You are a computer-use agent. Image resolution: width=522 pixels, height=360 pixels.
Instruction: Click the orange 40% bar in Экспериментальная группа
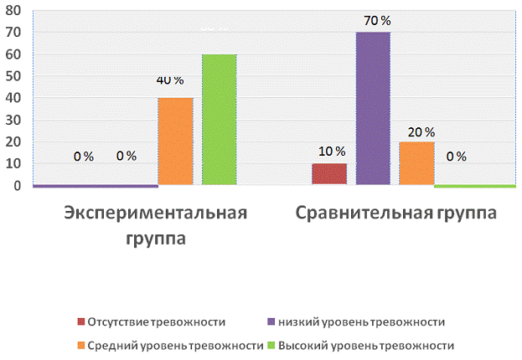pos(175,141)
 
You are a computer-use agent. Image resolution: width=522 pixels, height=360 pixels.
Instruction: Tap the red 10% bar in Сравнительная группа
pos(329,174)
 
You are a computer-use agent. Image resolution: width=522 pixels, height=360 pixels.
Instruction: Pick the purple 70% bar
pos(373,109)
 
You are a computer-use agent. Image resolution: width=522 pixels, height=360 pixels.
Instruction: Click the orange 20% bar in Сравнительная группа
pos(416,163)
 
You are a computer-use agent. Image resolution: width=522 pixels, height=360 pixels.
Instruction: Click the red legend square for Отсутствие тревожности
pos(81,321)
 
